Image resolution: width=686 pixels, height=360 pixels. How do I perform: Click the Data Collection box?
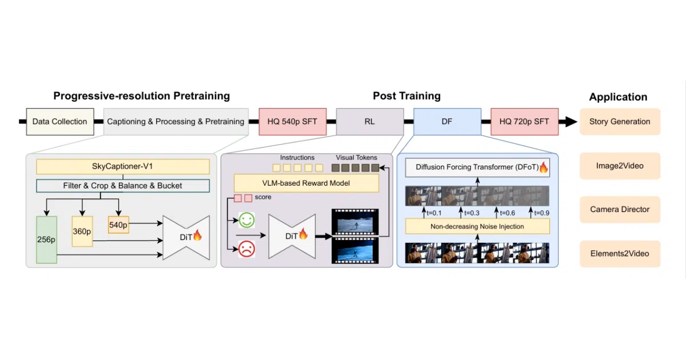click(60, 122)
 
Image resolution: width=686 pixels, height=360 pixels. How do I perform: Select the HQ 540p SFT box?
click(293, 122)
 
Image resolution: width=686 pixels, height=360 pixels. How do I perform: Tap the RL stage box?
click(370, 122)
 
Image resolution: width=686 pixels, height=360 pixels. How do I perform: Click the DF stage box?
click(447, 122)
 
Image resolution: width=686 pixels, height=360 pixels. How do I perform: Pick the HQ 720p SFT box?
click(524, 122)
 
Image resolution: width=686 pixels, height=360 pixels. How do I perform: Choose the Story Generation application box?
click(620, 122)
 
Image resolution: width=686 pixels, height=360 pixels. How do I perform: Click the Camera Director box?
click(620, 209)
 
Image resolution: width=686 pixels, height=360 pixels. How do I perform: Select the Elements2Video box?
click(620, 254)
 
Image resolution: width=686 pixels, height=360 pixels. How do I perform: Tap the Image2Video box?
click(620, 166)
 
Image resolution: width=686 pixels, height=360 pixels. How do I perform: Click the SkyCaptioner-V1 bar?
click(123, 166)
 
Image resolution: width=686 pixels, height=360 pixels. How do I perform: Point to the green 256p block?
click(46, 239)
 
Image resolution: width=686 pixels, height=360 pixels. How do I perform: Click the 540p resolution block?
click(118, 225)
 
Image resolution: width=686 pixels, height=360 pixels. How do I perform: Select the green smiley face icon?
click(246, 220)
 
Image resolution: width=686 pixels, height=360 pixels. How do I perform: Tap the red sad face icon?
click(246, 249)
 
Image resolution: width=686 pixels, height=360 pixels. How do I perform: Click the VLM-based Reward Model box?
click(306, 183)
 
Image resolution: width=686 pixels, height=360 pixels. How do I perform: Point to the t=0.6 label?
click(508, 213)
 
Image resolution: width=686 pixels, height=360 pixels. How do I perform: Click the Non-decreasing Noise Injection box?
click(477, 226)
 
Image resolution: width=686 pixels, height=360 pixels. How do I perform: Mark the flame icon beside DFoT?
click(544, 167)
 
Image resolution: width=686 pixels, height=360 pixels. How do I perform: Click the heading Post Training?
click(406, 96)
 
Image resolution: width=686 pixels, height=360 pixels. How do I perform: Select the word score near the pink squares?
click(263, 197)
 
